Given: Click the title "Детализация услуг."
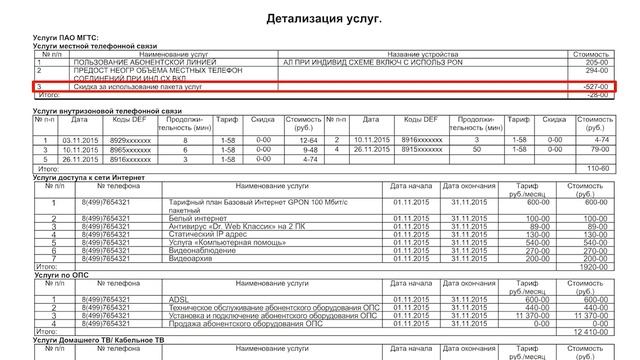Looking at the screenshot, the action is [325, 19].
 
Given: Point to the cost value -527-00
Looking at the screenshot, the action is [592, 88].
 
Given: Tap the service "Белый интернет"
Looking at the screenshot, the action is [198, 217].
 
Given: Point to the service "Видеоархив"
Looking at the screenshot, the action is [192, 258].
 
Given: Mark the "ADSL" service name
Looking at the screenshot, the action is [181, 299].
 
